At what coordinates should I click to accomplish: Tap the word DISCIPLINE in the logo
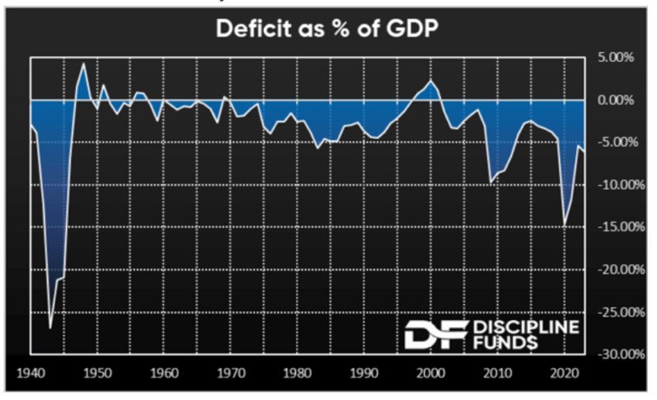tap(525, 326)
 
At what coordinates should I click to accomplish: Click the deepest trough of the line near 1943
tap(50, 328)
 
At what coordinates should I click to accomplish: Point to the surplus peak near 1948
tap(84, 64)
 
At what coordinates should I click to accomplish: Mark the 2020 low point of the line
tap(564, 225)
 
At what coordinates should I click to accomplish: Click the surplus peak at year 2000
tap(431, 81)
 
